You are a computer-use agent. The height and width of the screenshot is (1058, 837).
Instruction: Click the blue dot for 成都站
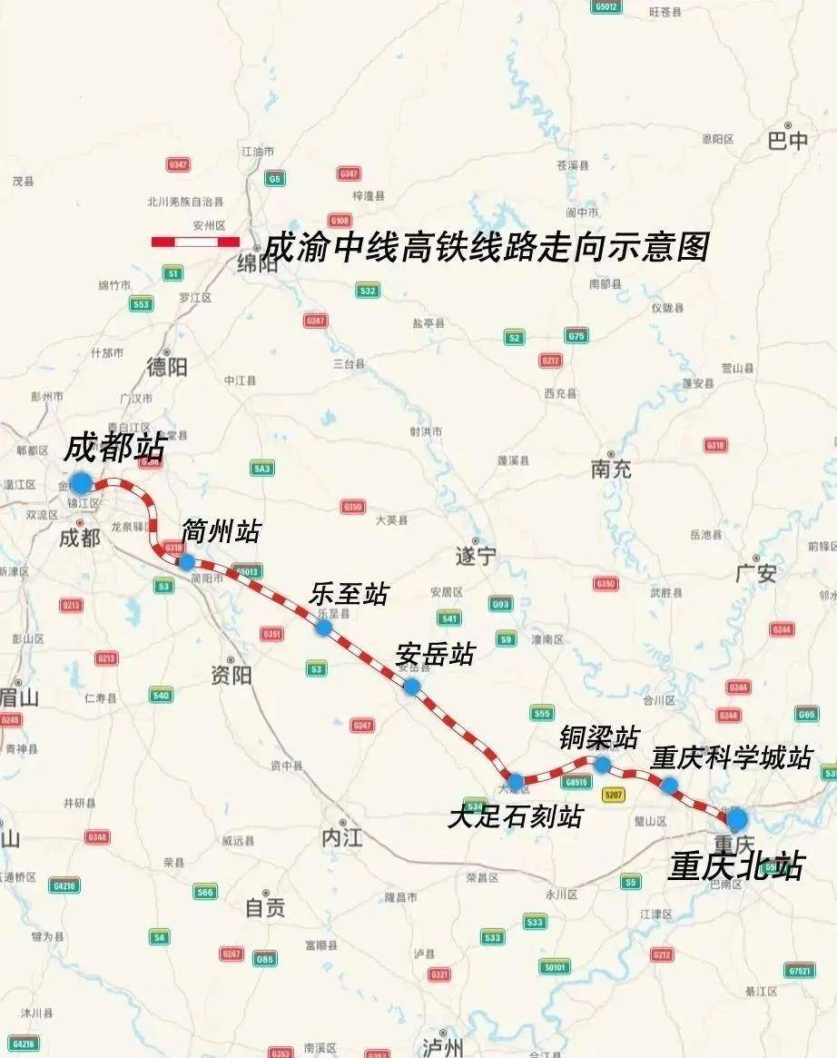click(82, 482)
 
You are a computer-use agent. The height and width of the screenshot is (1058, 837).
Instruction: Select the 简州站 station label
click(221, 531)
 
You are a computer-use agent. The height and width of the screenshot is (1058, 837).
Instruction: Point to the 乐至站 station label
click(349, 595)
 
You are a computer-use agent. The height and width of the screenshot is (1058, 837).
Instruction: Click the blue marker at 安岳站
click(411, 687)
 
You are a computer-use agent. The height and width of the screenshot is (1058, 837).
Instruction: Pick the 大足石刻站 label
click(515, 817)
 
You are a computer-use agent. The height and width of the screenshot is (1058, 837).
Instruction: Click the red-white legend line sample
click(195, 242)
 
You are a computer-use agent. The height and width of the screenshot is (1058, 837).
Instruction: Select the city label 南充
click(611, 470)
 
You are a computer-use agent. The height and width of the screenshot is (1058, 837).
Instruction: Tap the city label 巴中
click(787, 142)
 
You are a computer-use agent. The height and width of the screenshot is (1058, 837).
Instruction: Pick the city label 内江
click(341, 837)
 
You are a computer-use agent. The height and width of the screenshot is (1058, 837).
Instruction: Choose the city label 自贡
click(265, 907)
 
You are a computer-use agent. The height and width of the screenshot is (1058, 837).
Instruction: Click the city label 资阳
click(231, 676)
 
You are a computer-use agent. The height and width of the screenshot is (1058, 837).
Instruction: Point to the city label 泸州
click(444, 1045)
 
